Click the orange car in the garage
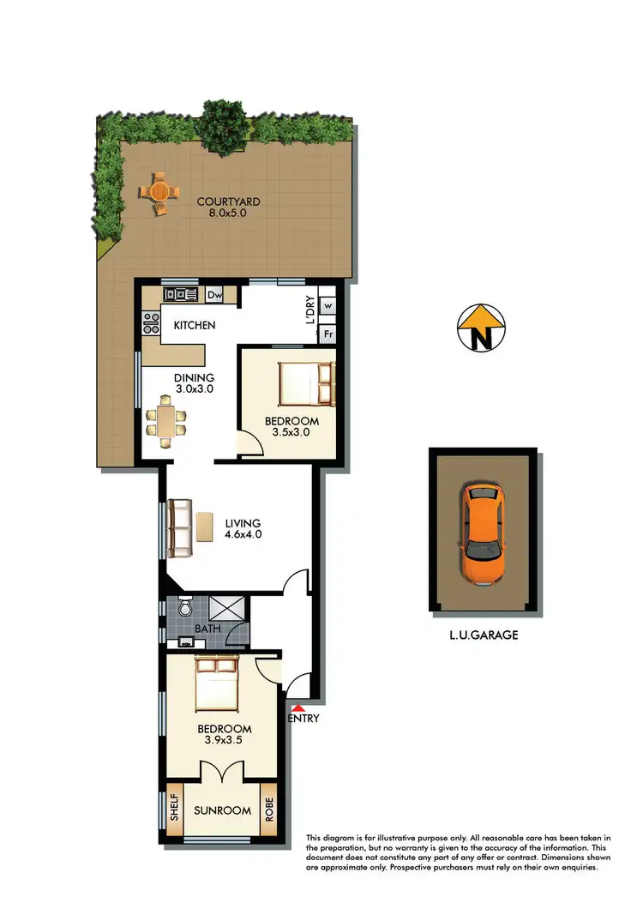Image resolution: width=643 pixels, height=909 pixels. click(x=484, y=534)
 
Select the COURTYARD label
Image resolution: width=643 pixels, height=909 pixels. click(x=228, y=202)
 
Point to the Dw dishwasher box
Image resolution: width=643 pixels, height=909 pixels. click(x=215, y=295)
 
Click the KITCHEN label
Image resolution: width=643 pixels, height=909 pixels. click(x=195, y=326)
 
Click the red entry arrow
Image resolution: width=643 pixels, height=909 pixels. click(x=297, y=707)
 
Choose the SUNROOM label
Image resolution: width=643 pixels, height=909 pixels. click(x=222, y=810)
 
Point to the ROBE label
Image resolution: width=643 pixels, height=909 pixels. click(x=269, y=810)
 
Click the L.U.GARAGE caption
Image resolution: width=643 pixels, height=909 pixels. click(x=484, y=635)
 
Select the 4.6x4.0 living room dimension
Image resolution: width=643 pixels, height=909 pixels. click(x=243, y=533)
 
